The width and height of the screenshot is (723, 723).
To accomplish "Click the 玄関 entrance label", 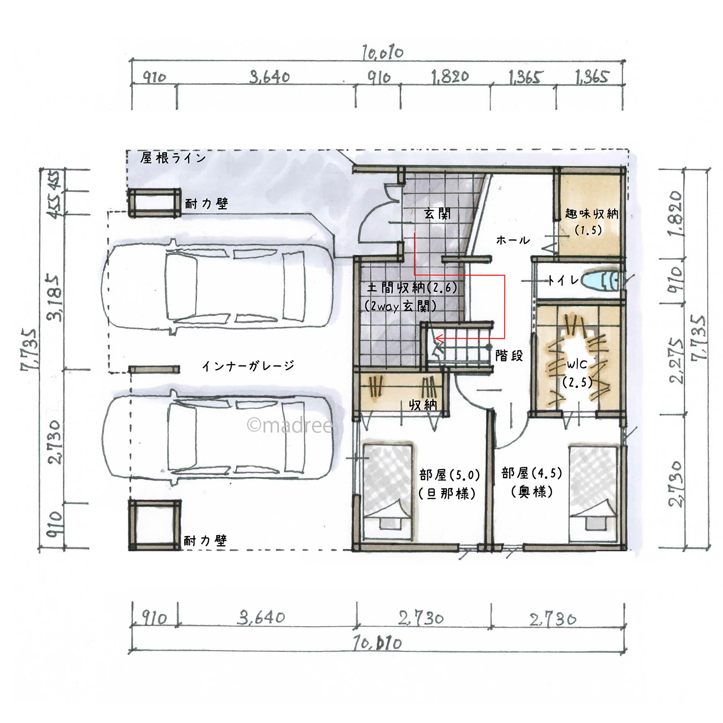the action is [437, 214].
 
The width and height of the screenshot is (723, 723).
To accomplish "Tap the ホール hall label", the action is [513, 240].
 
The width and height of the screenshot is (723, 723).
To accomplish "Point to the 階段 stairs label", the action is [509, 355].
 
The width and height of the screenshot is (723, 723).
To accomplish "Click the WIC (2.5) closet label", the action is [577, 374].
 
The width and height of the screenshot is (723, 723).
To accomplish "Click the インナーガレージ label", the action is [248, 365].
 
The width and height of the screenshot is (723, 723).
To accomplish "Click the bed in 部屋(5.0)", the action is [388, 492].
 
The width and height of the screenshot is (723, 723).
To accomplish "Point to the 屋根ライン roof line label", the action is [173, 158].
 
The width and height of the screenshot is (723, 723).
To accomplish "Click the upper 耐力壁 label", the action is [206, 203].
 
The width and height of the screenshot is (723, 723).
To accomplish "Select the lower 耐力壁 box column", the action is [154, 525].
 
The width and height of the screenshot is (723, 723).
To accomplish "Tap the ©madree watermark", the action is [290, 425].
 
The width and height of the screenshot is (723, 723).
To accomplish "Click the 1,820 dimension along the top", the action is [450, 77].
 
